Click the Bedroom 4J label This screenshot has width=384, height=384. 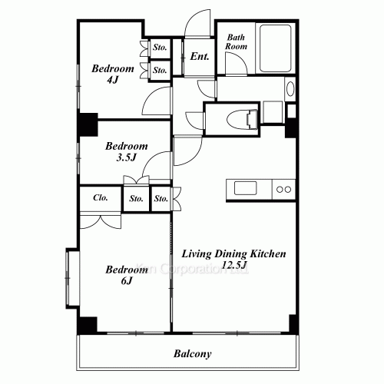[x=114, y=73]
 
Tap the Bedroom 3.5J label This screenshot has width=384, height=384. [x=126, y=152]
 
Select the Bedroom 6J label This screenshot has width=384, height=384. [x=126, y=274]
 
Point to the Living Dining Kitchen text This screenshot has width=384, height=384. [x=233, y=253]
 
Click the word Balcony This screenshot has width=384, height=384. [x=191, y=354]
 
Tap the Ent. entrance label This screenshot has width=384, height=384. [x=200, y=56]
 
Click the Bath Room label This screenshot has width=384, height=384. [x=236, y=41]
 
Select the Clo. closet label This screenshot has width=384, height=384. [x=101, y=198]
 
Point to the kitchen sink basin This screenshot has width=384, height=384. [x=247, y=188]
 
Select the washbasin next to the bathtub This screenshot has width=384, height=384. [x=290, y=89]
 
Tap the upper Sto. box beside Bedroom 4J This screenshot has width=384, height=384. [x=160, y=48]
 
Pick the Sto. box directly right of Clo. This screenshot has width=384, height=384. [x=136, y=199]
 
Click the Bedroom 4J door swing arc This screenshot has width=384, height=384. [x=159, y=98]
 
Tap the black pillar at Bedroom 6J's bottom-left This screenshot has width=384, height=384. [x=87, y=324]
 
